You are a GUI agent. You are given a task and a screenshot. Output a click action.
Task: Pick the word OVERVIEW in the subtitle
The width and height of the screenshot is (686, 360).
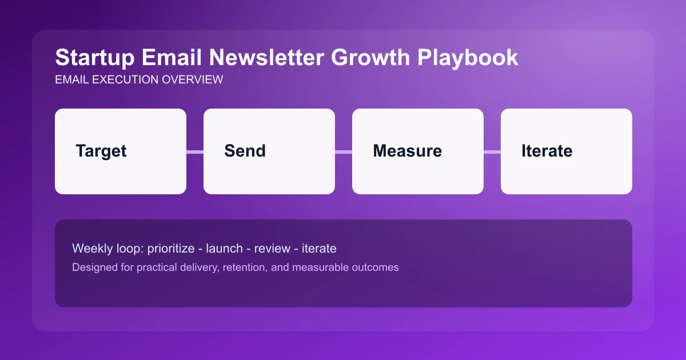click(193, 80)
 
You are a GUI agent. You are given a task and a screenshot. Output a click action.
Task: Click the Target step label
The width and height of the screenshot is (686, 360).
click(101, 151)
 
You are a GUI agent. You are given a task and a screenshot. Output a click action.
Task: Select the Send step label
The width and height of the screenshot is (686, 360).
click(245, 151)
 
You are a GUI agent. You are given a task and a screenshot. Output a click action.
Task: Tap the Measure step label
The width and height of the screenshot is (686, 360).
click(407, 151)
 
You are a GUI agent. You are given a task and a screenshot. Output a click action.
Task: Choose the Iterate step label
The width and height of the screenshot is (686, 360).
click(547, 151)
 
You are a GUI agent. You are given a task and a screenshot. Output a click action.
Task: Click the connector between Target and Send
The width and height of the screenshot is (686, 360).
click(195, 151)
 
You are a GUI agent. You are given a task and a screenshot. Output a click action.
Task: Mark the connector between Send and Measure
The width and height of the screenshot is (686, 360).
click(344, 151)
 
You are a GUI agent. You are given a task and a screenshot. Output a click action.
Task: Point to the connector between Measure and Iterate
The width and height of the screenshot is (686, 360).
click(492, 151)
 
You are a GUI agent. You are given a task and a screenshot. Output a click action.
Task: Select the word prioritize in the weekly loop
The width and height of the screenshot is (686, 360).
click(171, 249)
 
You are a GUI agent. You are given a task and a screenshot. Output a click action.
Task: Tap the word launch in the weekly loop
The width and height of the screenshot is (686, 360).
click(225, 249)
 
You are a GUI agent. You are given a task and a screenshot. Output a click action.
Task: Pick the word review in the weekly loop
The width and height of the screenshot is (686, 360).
click(272, 249)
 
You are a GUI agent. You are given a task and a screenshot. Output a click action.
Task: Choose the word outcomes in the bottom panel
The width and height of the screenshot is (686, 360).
click(374, 267)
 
